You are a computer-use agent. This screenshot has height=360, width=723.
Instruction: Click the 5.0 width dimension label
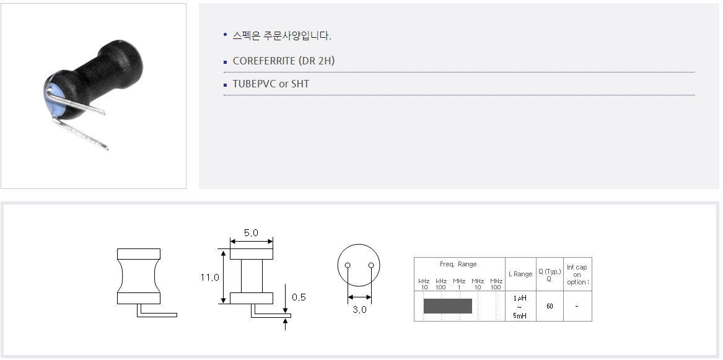(251, 233)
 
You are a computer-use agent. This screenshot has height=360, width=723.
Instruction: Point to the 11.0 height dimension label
(210, 278)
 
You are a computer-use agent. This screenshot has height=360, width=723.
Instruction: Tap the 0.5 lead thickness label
(299, 297)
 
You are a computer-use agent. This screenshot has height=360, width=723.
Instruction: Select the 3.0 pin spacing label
(360, 310)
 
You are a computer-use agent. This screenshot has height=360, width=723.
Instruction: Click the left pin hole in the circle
(348, 265)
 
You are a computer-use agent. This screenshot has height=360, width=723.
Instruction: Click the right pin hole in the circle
(370, 265)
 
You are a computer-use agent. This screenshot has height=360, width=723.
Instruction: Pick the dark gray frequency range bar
(448, 306)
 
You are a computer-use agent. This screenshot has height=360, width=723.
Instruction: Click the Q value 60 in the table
(550, 306)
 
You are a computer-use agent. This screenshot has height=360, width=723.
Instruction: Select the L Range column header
(520, 274)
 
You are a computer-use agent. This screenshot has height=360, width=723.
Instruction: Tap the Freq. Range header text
(458, 264)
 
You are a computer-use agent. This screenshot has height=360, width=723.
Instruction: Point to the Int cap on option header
(577, 274)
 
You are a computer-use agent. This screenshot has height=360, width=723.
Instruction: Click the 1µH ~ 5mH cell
(520, 307)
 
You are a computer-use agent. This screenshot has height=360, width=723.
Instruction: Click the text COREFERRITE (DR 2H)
(284, 61)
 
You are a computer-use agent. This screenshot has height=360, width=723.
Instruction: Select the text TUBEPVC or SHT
(271, 84)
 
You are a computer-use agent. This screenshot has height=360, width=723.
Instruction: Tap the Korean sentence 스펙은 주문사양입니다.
(282, 35)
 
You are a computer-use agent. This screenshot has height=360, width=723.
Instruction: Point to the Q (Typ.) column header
(550, 274)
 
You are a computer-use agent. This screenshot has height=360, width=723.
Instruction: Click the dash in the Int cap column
(577, 306)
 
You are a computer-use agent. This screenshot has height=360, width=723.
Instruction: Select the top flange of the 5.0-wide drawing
(252, 254)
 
